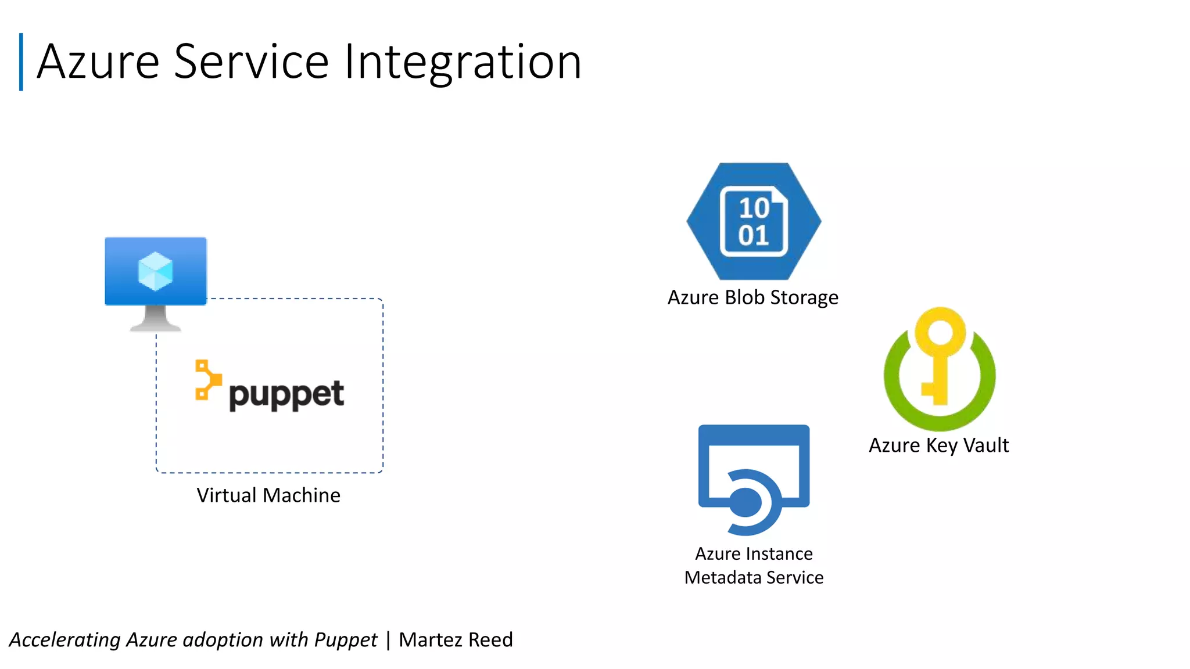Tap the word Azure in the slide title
click(98, 62)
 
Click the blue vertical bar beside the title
click(21, 62)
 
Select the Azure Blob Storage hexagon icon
click(754, 221)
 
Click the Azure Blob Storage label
click(752, 297)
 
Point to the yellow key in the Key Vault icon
click(940, 354)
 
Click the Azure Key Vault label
click(938, 445)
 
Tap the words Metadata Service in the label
click(754, 578)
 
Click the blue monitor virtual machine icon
click(156, 271)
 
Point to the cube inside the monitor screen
click(155, 271)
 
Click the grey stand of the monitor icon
click(155, 319)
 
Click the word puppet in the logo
click(286, 395)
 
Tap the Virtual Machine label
click(268, 495)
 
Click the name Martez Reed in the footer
click(456, 640)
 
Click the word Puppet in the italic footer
click(346, 640)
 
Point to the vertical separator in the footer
click(388, 640)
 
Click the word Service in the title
click(251, 62)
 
